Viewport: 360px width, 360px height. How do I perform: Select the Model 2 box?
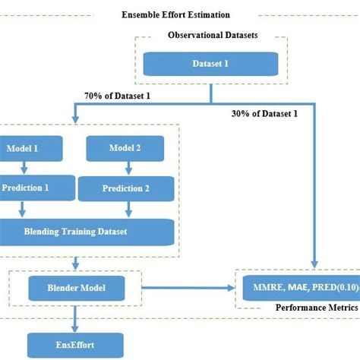[125, 149]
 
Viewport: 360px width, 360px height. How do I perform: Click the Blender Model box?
[77, 288]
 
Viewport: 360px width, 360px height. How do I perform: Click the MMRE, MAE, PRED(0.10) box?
[299, 288]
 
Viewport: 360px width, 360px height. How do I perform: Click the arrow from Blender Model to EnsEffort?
[76, 315]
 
